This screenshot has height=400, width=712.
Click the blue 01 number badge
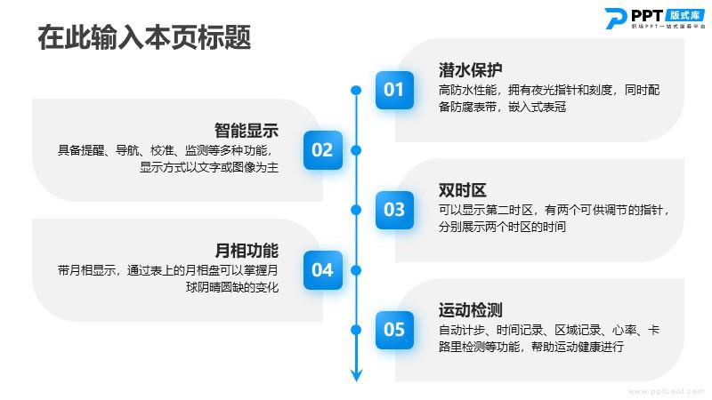click(394, 90)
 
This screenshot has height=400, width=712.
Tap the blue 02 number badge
click(323, 150)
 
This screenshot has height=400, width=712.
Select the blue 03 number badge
click(394, 210)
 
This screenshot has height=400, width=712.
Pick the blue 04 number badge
click(323, 270)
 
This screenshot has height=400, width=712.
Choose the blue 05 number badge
click(394, 330)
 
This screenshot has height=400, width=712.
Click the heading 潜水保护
click(470, 70)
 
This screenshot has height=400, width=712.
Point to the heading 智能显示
click(247, 131)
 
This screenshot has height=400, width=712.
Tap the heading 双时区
click(462, 190)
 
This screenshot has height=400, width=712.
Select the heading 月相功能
click(247, 251)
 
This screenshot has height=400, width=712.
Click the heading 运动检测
click(470, 310)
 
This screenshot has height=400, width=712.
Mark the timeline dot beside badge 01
click(357, 91)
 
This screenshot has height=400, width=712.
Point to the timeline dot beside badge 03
click(357, 210)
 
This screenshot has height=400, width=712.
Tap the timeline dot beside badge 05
click(357, 330)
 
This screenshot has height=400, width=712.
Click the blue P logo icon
click(616, 18)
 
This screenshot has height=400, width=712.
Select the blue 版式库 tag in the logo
click(684, 15)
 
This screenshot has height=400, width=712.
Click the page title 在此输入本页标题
click(144, 37)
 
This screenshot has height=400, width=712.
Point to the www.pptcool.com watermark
click(666, 391)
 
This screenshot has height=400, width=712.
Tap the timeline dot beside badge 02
click(357, 150)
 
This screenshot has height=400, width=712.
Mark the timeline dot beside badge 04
click(357, 270)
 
